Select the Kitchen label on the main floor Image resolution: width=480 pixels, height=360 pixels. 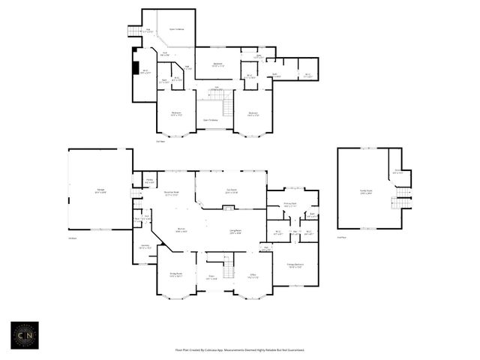point(181,230)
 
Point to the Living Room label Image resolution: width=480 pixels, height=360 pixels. point(235,232)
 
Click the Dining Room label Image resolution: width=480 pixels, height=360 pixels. point(175,274)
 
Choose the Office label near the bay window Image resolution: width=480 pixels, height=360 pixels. point(253,275)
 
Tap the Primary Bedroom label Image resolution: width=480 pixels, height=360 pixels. point(294,265)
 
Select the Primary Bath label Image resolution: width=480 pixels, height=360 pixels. point(289,204)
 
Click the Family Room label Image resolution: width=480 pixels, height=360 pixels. point(366,191)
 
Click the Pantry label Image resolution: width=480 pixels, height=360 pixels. point(149,181)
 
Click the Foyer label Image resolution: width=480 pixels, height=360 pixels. point(211,277)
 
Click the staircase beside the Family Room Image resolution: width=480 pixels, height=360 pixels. point(403,197)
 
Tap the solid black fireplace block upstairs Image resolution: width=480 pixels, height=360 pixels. point(134,58)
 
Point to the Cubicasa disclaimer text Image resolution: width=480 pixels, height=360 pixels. point(240,350)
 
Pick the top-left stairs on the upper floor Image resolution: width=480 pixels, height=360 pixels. point(135,31)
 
